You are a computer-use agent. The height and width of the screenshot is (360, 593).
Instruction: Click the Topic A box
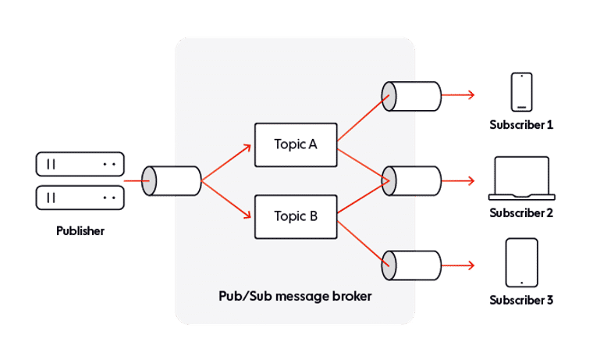(x=296, y=144)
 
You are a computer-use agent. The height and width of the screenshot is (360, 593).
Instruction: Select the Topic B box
(x=296, y=216)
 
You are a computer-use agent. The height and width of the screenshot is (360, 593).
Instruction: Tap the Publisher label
(x=80, y=231)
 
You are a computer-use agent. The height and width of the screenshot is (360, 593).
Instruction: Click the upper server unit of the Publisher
(x=80, y=164)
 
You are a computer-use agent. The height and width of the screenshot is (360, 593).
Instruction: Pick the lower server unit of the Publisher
(x=80, y=197)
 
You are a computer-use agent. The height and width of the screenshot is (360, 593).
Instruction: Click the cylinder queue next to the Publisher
(x=171, y=180)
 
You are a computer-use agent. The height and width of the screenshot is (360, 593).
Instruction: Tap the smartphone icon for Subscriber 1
(x=521, y=92)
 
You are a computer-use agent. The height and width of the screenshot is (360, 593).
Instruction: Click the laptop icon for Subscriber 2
(x=521, y=179)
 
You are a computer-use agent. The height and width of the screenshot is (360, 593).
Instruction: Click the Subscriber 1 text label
(x=521, y=125)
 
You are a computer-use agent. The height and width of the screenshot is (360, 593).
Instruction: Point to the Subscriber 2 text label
(x=521, y=212)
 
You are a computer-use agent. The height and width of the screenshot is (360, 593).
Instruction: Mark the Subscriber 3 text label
(x=521, y=300)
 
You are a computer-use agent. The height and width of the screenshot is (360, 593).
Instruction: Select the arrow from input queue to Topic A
(x=227, y=162)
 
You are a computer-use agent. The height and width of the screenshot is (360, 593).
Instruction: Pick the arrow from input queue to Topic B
(x=227, y=198)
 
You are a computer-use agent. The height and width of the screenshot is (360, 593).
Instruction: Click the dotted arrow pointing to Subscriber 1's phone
(x=459, y=95)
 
